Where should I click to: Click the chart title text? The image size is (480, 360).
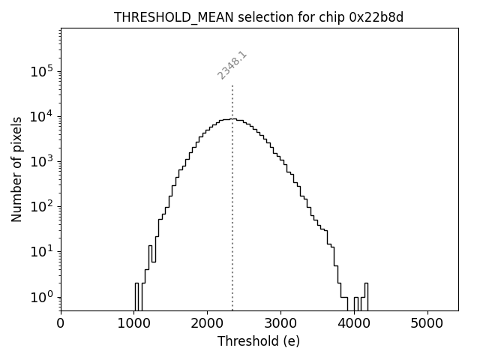click(x=259, y=17)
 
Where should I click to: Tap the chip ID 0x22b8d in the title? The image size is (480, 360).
click(x=376, y=17)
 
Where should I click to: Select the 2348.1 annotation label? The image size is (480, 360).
click(x=232, y=66)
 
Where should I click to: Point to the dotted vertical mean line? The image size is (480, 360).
click(x=232, y=225)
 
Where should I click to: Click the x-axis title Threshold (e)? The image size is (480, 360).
click(x=259, y=341)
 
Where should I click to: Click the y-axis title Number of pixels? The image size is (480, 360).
click(x=17, y=169)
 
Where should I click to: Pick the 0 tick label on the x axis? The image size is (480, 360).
click(x=61, y=323)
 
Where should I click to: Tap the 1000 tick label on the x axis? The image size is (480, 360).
click(x=134, y=323)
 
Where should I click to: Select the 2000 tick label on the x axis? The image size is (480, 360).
click(x=208, y=323)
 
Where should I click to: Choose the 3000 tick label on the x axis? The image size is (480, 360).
click(x=280, y=323)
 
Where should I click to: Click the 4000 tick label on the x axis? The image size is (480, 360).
click(x=354, y=323)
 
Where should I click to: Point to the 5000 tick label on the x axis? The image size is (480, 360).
click(x=427, y=323)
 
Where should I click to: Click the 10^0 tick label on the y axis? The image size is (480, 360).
click(x=42, y=296)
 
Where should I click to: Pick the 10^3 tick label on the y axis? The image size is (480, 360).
click(x=42, y=160)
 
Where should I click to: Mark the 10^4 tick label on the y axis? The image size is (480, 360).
click(x=42, y=115)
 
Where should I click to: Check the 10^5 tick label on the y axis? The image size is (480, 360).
click(x=42, y=70)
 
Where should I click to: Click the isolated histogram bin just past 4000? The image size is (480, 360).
click(x=356, y=303)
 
